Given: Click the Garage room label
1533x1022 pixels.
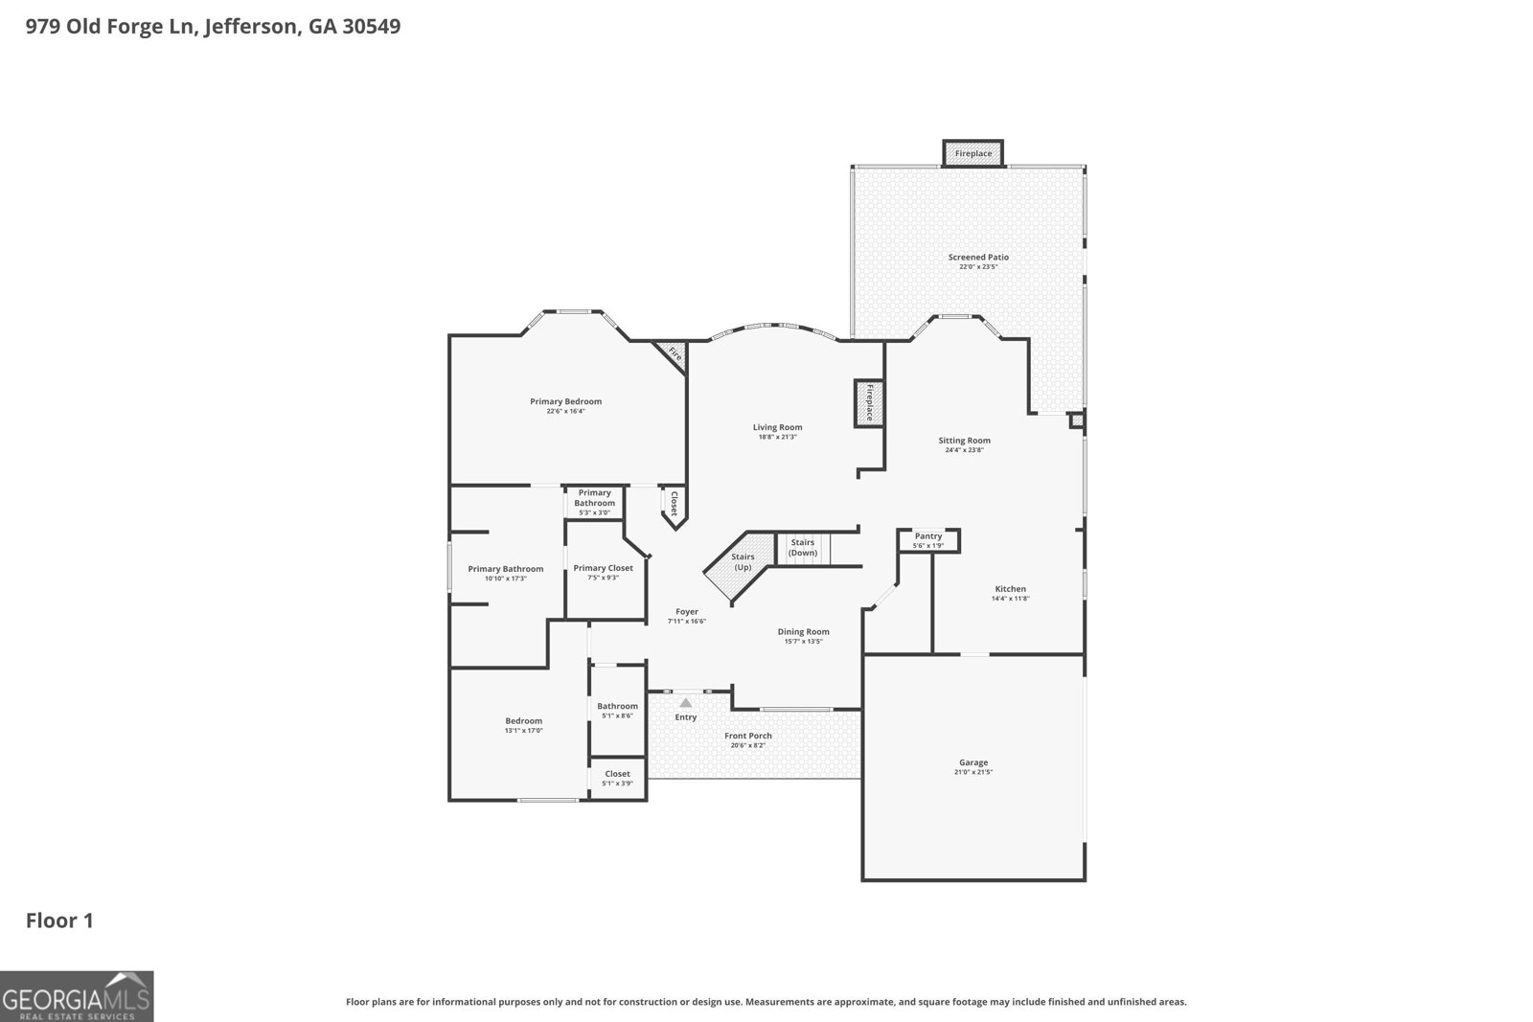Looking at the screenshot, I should pos(973,762).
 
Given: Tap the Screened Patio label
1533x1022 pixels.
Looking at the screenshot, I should pos(978,257).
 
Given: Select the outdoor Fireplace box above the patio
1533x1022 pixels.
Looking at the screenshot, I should pos(972,153).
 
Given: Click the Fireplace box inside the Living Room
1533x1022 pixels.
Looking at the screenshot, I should pos(869,402).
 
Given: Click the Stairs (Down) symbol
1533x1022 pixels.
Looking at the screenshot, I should pos(803,548).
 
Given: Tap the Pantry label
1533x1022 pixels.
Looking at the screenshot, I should pos(927,536).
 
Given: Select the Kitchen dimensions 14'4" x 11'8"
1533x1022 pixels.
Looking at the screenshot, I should pos(1010,599).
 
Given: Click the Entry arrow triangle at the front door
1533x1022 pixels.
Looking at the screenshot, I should pos(685,703).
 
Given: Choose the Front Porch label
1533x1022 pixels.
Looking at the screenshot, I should pos(747,736).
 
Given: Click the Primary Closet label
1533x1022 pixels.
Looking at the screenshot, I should pos(603,568).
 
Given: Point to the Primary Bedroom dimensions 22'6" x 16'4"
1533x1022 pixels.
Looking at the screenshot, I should pos(565,411).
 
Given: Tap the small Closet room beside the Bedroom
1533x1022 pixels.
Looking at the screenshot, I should pos(617,778).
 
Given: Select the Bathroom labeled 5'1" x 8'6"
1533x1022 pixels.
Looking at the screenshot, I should pos(617,710).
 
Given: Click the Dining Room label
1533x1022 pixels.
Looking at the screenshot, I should pos(803,631).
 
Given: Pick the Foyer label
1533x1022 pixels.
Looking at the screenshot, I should pos(686,611).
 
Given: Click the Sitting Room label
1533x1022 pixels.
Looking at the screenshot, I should pos(964,441).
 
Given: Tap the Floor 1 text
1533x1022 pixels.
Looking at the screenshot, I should pos(59,920).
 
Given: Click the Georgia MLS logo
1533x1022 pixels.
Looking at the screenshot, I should pos(76,996).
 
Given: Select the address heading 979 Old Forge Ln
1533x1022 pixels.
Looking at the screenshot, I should pos(213,26).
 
